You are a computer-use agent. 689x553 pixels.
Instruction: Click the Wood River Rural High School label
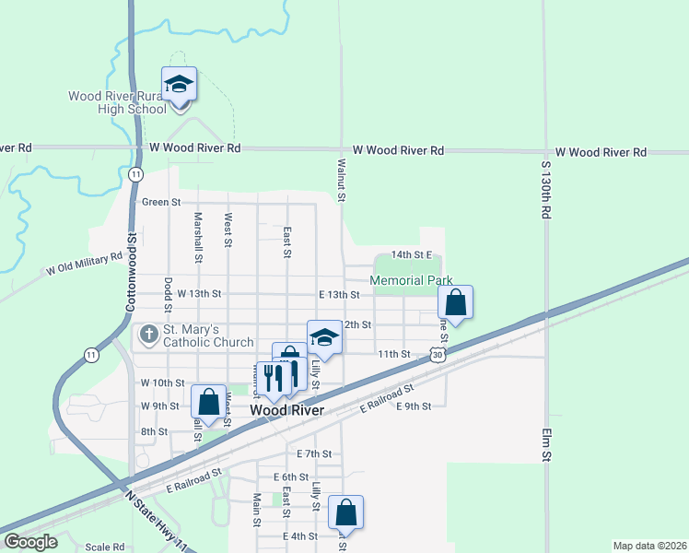pos(118,102)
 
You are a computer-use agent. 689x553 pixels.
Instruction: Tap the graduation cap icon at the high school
pos(180,86)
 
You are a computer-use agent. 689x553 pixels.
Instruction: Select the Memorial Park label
pos(412,280)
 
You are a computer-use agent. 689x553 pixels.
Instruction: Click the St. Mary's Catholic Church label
pos(207,336)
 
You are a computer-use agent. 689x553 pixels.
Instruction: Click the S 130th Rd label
pos(545,188)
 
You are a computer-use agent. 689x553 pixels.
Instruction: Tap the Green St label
pos(161,202)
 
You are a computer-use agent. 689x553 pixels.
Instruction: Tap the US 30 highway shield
pos(437,354)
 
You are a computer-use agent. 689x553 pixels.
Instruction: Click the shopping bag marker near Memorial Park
pos(455,301)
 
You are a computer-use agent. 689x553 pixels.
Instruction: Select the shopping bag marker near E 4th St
pos(345,512)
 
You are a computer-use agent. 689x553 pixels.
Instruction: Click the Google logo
pos(30,542)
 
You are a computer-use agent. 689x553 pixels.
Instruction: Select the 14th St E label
pos(411,253)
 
